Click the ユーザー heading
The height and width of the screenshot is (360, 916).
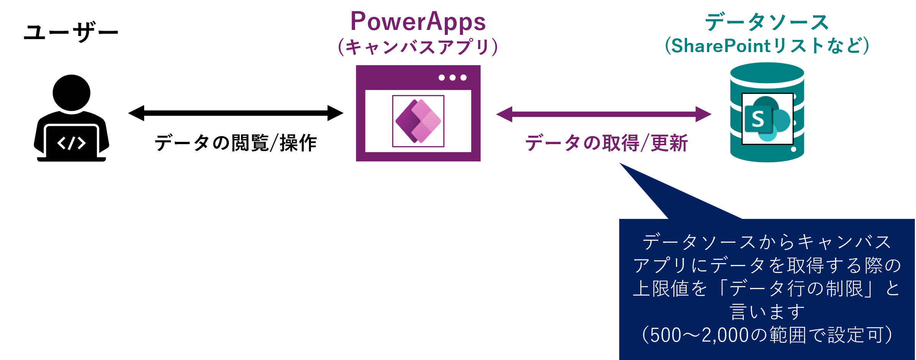click(71, 32)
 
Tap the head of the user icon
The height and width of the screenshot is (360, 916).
click(71, 93)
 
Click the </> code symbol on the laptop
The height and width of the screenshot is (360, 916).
click(71, 143)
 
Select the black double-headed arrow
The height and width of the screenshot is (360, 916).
click(236, 113)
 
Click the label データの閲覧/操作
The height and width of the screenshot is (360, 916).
click(236, 143)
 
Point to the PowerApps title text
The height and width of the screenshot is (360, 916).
click(418, 22)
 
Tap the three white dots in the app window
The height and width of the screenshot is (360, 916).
click(452, 77)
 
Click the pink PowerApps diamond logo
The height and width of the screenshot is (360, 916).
click(418, 121)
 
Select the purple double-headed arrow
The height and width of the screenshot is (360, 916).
click(604, 114)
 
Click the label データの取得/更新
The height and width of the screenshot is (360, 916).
click(607, 143)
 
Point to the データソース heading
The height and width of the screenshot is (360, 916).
click(767, 22)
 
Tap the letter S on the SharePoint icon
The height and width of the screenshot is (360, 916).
click(758, 119)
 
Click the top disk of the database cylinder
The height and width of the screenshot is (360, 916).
click(767, 73)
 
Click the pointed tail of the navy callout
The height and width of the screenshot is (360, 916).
click(621, 164)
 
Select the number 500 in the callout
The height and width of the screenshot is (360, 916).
click(666, 335)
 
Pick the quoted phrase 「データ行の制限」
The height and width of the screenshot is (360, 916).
click(798, 289)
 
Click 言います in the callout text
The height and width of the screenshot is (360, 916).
click(767, 312)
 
